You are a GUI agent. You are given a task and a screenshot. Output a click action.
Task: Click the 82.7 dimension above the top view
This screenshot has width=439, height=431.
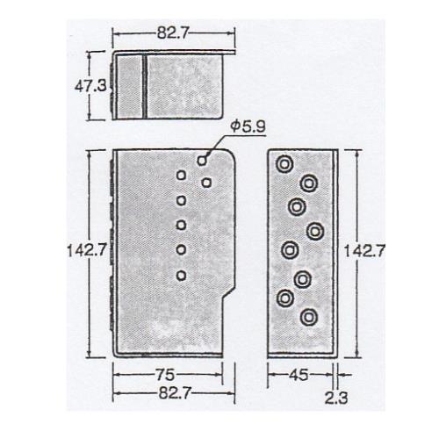(x=173, y=32)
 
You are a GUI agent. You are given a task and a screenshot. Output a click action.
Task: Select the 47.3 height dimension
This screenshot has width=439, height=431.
(x=90, y=86)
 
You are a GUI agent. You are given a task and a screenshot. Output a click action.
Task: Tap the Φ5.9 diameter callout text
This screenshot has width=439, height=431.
(x=248, y=127)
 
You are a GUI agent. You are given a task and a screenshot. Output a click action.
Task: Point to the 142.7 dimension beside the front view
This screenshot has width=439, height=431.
(x=86, y=251)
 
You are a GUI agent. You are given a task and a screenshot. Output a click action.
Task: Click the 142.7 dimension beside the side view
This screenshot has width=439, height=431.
(x=363, y=251)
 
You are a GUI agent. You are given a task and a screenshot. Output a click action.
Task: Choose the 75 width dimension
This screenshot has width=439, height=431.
(x=165, y=375)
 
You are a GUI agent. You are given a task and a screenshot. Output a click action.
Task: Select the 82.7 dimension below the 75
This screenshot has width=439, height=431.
(x=175, y=392)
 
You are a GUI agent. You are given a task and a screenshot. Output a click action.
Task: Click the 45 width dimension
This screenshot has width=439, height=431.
(x=299, y=375)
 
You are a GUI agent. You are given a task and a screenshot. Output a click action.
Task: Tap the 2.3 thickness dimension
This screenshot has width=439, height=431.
(x=336, y=398)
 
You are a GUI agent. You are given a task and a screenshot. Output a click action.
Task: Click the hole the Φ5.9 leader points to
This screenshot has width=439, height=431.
(x=202, y=161)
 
